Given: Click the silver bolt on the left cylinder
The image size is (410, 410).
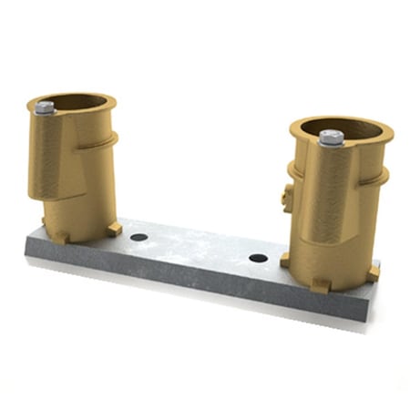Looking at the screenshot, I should (x=44, y=108).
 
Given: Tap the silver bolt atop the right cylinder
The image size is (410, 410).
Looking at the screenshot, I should (x=332, y=138).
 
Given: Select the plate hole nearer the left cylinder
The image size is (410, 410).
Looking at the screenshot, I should (x=138, y=237).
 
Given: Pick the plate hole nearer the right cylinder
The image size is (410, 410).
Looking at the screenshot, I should (x=259, y=258).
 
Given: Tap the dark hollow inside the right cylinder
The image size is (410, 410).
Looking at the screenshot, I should (x=351, y=128).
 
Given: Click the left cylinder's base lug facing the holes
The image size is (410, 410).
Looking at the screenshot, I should (x=113, y=228).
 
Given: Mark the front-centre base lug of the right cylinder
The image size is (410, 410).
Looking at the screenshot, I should (x=320, y=284).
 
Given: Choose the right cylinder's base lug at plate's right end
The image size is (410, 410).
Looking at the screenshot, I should (x=373, y=272).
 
